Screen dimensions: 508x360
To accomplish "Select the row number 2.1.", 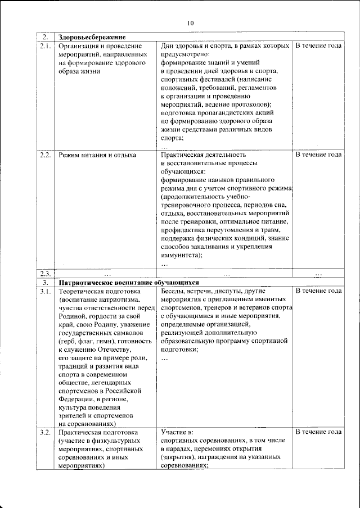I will point(46,45).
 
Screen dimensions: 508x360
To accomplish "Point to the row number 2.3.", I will point(46,274).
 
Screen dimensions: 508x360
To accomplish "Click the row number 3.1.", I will point(46,291).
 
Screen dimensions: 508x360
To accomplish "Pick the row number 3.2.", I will point(46,432).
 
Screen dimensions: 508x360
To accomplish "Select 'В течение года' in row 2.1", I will point(318,45).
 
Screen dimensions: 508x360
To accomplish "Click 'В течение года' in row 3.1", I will point(318,291).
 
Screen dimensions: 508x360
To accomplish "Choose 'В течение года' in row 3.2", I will point(318,432).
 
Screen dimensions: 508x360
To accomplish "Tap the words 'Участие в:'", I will point(177,432).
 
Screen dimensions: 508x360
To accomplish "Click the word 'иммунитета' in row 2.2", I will point(181,255).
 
